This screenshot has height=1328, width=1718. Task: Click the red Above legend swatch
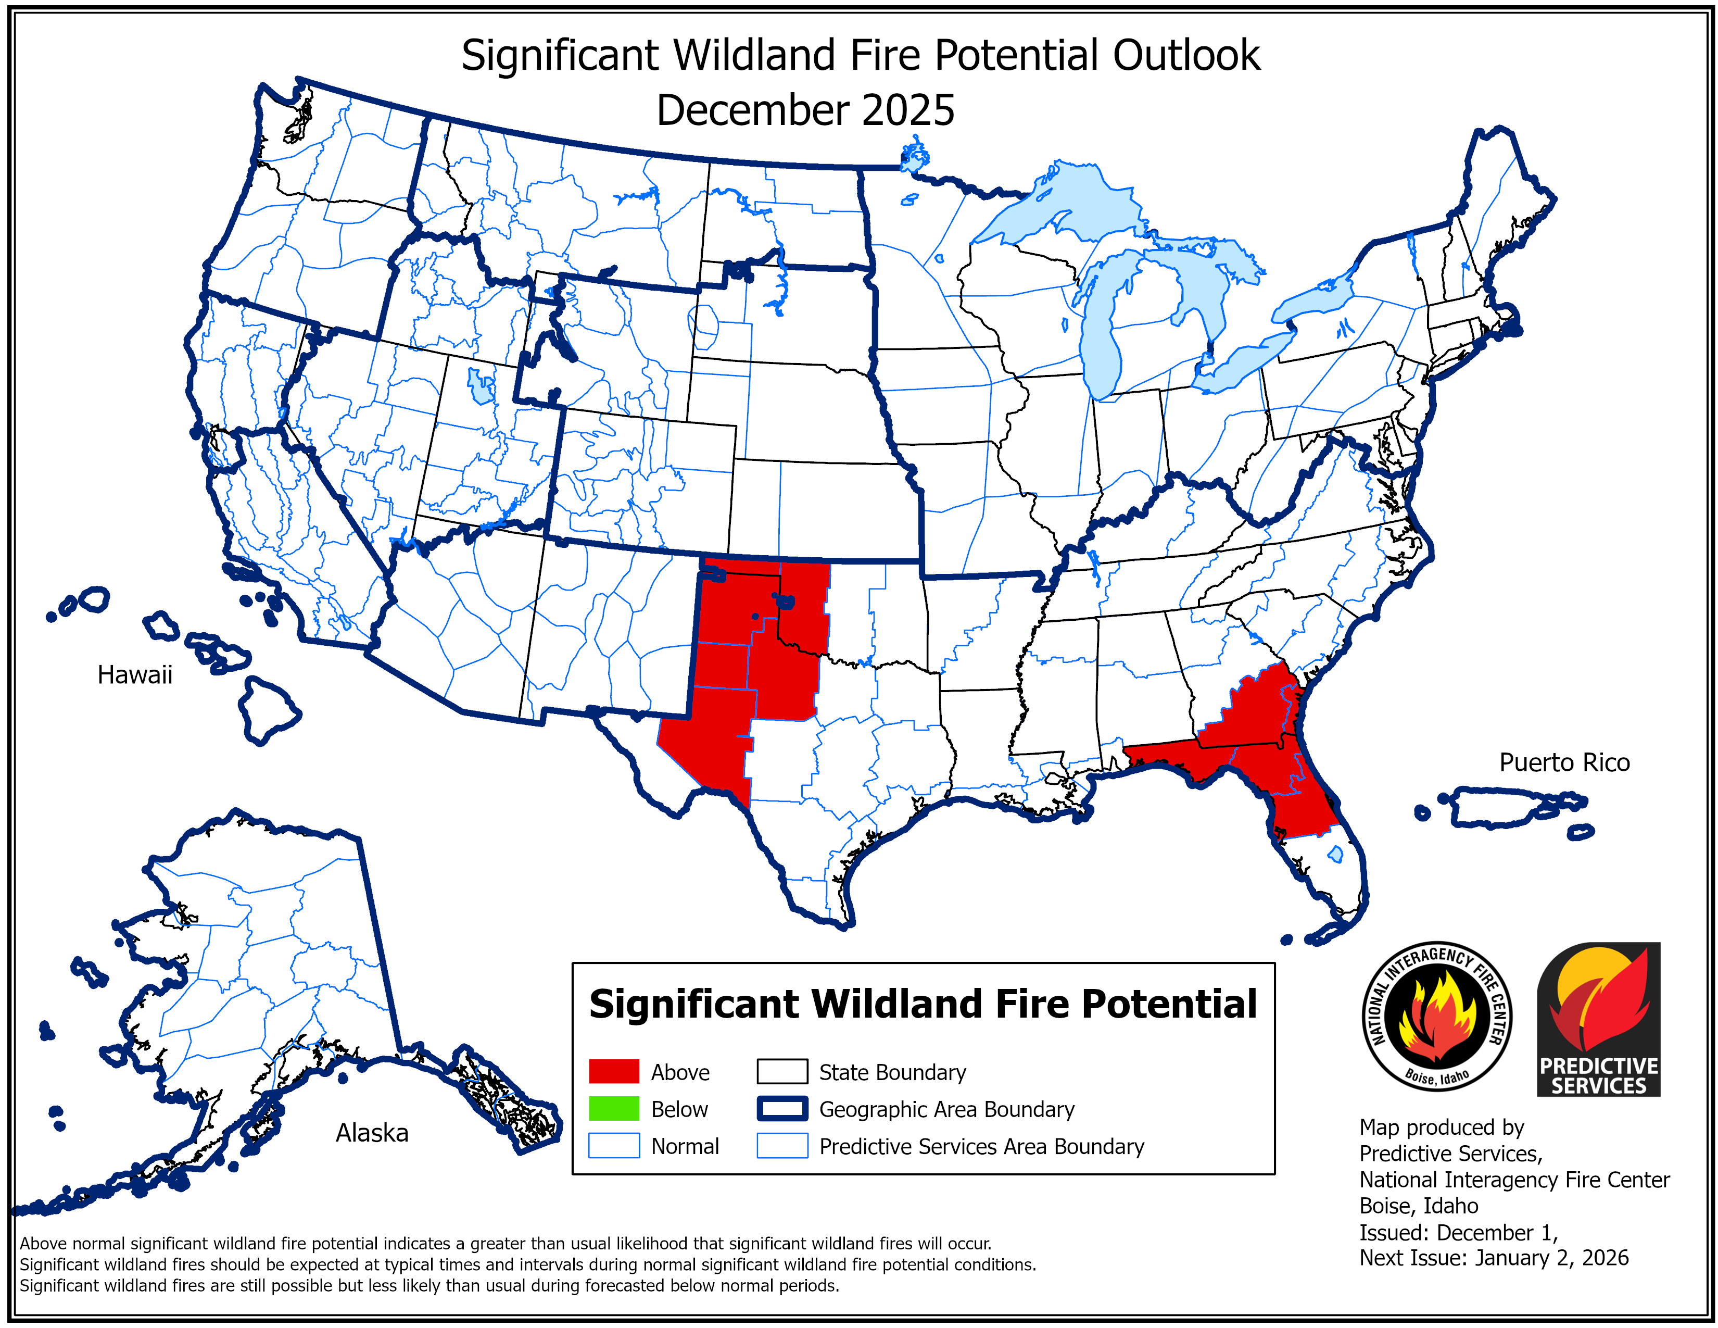614,1072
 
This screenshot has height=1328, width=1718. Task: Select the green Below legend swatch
614,1109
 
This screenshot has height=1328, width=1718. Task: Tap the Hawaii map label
134,675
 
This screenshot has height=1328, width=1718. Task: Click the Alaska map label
372,1133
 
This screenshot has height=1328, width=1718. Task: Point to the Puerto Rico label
1564,762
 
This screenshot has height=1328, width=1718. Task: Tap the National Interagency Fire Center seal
1436,1016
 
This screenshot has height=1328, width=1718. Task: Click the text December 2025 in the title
805,110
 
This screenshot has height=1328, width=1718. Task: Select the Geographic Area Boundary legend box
782,1109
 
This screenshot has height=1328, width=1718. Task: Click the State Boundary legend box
782,1072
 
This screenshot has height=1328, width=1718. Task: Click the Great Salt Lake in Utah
480,385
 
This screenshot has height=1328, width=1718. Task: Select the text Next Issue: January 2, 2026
1493,1258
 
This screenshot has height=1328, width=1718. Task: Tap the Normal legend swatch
614,1146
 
